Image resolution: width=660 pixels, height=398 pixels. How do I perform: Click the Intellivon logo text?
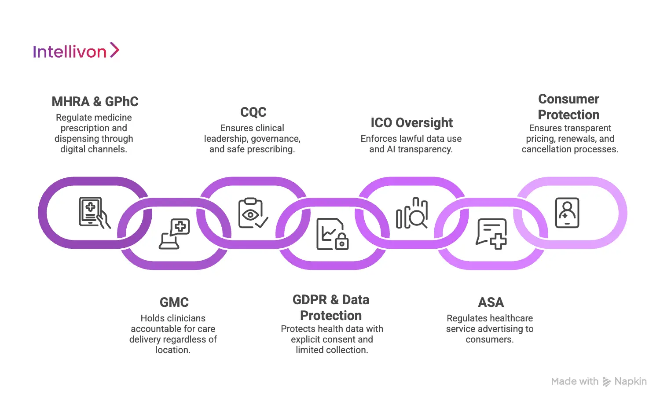70,52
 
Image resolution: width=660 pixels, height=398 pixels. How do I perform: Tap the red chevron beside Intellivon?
114,50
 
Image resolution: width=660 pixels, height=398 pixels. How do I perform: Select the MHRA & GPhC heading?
95,102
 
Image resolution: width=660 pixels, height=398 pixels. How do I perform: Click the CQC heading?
253,112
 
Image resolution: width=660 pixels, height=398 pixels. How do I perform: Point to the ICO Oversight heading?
411,123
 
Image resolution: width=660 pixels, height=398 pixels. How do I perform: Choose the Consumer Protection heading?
568,107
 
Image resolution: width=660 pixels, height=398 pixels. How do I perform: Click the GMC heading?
174,302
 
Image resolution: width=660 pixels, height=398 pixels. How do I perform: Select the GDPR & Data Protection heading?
331,308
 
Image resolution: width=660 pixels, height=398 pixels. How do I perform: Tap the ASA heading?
491,302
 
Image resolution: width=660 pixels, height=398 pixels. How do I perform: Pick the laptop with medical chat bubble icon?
174,234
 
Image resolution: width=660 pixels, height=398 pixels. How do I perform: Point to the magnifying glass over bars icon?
412,213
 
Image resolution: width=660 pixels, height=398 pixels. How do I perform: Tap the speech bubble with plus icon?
491,234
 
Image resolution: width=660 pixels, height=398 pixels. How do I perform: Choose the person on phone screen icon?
567,213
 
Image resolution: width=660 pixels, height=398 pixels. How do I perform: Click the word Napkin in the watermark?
630,381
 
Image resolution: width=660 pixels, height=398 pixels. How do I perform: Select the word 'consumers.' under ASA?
489,339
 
